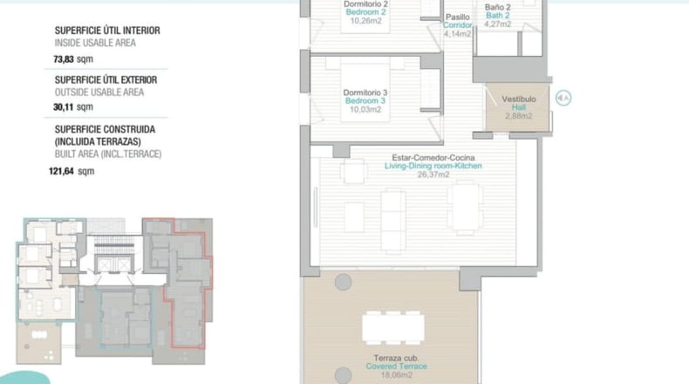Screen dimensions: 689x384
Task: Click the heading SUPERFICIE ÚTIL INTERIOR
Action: pos(107,31)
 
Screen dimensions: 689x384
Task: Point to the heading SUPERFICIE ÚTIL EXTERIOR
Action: pos(106,80)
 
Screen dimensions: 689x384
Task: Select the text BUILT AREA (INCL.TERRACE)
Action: pos(108,154)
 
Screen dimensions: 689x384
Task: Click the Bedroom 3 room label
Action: pos(365,100)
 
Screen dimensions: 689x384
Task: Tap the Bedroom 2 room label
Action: pos(365,12)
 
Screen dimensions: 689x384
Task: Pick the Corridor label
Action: pos(457,25)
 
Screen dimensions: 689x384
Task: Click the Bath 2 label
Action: pos(498,16)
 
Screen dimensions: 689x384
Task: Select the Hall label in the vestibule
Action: pos(519,107)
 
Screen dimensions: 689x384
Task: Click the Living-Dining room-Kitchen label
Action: pos(433,166)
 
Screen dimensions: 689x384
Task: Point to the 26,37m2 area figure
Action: pos(433,175)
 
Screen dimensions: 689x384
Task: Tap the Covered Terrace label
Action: pos(396,367)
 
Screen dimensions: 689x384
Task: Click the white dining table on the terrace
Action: pos(393,328)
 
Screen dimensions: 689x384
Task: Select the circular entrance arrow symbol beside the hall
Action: pos(563,98)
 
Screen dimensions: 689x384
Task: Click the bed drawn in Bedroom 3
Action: pos(365,93)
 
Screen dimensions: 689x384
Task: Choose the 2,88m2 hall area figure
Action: pos(519,116)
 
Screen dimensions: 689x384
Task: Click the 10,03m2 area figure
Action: pos(365,109)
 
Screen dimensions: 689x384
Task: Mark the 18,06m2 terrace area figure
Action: pos(396,375)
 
